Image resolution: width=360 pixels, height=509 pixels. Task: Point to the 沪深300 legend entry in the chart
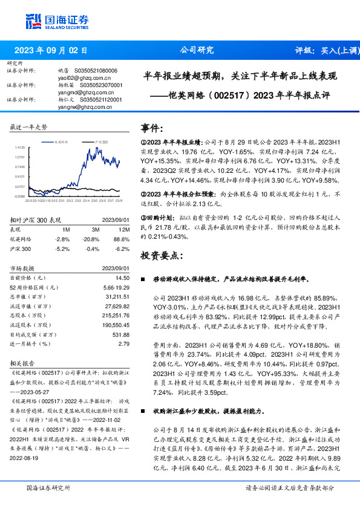tap(100, 140)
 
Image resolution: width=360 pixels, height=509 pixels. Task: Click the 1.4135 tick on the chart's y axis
tap(20, 147)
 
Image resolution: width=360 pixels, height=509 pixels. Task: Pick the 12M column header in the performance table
tap(125, 230)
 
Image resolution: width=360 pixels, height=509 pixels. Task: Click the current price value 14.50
tap(123, 277)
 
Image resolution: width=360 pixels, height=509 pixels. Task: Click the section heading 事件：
tap(151, 128)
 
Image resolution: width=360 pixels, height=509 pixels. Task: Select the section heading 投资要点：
tap(160, 256)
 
